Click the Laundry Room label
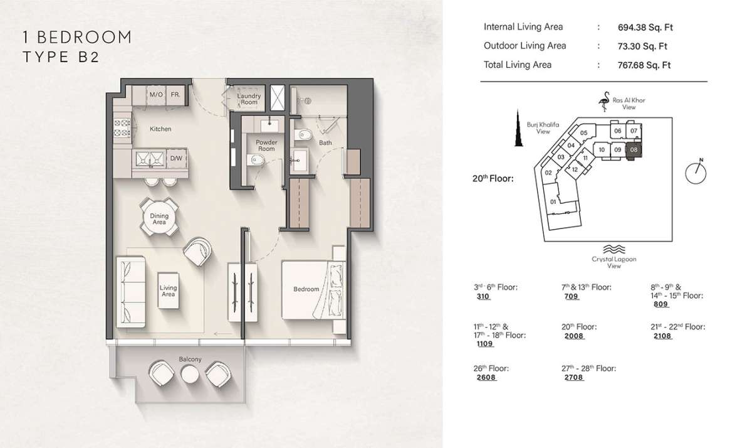[249, 99]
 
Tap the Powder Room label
[266, 146]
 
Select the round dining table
[159, 218]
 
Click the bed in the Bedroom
[313, 289]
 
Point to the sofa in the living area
[130, 292]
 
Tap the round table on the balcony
[190, 374]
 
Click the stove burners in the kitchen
[122, 128]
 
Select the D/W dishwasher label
[176, 158]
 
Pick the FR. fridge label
[175, 95]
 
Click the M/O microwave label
[156, 95]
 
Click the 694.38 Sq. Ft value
[645, 28]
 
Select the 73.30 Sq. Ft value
[642, 46]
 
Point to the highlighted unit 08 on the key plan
[634, 150]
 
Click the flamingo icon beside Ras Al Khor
[605, 101]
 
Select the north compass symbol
[696, 172]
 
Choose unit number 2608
[486, 378]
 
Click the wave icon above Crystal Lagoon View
[614, 249]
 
